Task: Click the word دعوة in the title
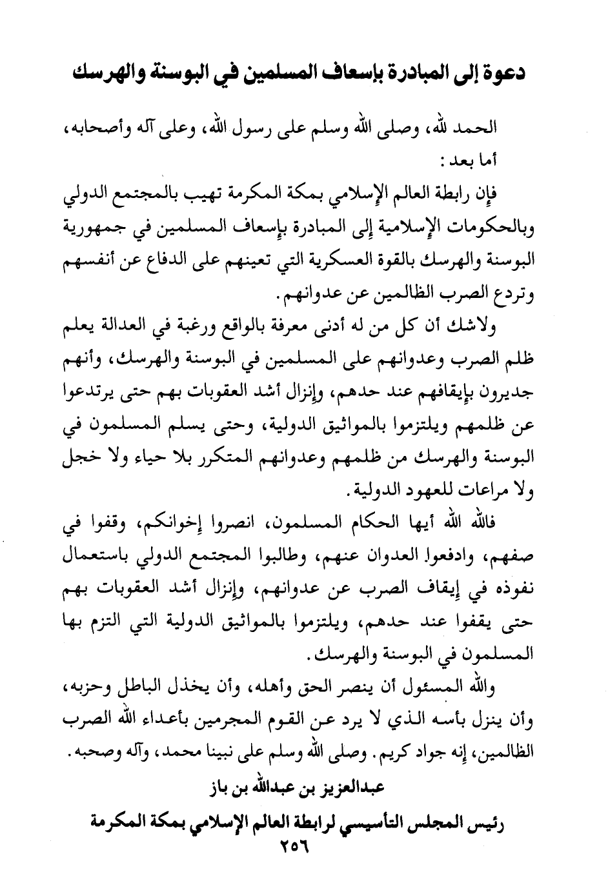point(498,72)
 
